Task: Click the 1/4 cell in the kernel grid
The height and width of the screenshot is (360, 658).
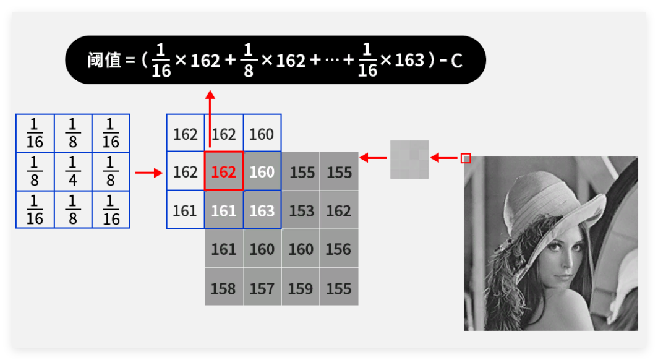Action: [73, 171]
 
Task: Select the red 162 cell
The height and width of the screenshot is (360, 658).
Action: [223, 171]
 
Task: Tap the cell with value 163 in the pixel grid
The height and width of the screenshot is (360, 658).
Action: [262, 210]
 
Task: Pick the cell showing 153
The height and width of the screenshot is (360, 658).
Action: [301, 210]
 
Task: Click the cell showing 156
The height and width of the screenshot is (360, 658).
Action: [339, 249]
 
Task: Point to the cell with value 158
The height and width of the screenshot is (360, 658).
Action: [223, 288]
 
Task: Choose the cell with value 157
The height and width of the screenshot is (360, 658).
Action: [262, 288]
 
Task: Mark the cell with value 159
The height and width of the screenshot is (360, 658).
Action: [301, 288]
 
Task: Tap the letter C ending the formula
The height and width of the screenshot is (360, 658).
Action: [456, 61]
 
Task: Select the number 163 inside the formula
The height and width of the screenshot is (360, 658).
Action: [409, 60]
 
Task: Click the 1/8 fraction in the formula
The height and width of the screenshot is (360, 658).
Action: [249, 60]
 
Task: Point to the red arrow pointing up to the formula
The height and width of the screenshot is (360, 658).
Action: [210, 118]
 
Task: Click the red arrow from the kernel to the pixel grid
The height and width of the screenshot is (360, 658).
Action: [148, 173]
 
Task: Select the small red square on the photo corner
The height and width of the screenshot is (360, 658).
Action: [466, 158]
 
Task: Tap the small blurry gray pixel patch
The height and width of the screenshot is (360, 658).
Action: [409, 159]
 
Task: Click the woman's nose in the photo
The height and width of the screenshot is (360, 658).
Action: [565, 259]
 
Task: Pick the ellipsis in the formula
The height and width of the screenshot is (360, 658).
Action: [331, 61]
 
